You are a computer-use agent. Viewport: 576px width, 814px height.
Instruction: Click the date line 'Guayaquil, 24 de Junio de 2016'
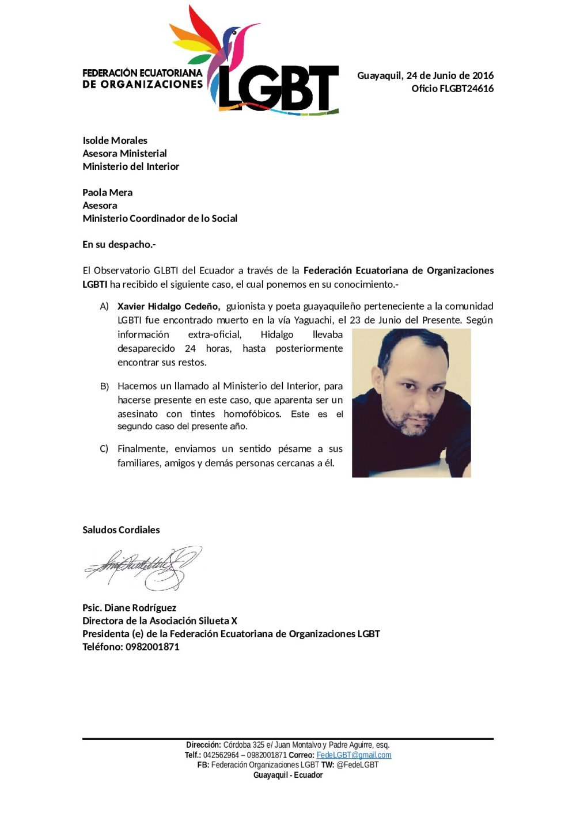(x=425, y=75)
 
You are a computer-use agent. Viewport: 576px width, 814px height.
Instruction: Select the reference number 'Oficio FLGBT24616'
(x=452, y=89)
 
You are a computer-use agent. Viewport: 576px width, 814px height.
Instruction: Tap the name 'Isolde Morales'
(x=115, y=140)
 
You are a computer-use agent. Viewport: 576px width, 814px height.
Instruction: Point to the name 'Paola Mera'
(x=107, y=192)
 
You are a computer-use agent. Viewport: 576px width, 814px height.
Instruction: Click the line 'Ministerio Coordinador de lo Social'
(x=160, y=218)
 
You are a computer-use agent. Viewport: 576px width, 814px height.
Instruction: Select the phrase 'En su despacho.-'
(x=119, y=245)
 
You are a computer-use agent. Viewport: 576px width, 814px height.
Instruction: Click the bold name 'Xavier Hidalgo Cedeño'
(x=168, y=306)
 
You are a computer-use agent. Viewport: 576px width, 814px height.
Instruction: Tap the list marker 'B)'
(x=104, y=386)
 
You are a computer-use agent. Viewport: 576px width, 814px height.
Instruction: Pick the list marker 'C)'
(x=104, y=449)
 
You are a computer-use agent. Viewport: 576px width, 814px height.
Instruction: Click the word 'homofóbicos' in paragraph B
(x=252, y=414)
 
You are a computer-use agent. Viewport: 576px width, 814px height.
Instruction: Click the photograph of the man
(x=411, y=403)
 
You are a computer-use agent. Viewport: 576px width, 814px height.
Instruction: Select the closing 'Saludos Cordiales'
(x=121, y=530)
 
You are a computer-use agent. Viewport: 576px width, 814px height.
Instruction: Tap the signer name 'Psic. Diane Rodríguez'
(x=129, y=608)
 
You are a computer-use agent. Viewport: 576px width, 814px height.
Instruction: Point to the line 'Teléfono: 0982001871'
(x=131, y=646)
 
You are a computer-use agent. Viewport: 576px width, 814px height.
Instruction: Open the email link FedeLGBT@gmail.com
(x=354, y=755)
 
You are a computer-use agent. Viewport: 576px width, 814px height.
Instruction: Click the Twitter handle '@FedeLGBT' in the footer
(x=357, y=765)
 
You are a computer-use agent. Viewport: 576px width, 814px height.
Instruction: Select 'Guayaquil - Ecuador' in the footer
(x=288, y=775)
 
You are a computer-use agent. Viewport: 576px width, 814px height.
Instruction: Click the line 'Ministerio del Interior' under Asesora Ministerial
(x=131, y=166)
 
